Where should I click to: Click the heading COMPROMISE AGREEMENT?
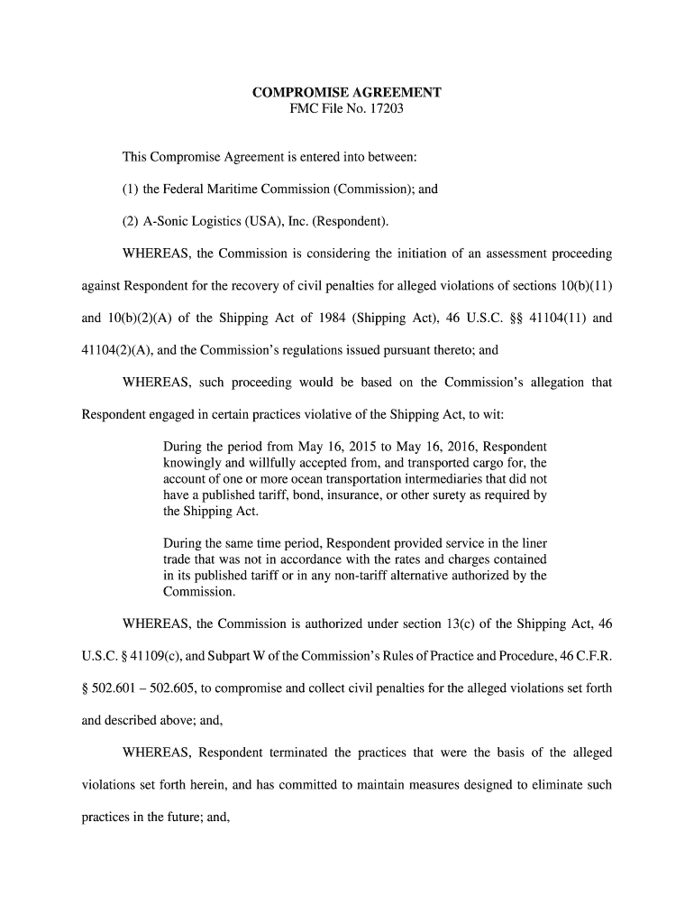(x=346, y=93)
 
